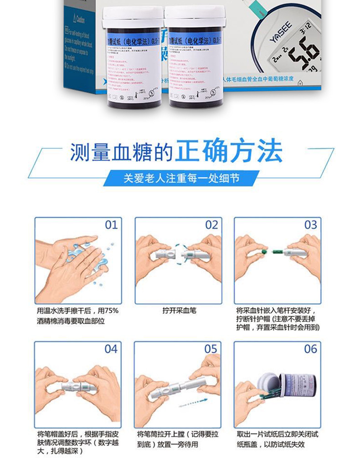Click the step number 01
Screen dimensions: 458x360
111,225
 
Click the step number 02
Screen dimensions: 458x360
211,225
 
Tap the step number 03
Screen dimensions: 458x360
311,225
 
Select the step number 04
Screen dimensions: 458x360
111,349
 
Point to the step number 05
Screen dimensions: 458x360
211,349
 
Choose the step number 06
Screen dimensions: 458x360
311,349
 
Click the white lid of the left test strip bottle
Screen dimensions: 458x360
132,17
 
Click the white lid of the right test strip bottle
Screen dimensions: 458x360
195,17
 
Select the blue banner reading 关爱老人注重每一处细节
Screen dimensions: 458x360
181,178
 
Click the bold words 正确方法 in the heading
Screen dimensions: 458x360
229,152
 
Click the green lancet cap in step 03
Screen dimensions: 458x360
263,251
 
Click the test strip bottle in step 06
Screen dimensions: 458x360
296,387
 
